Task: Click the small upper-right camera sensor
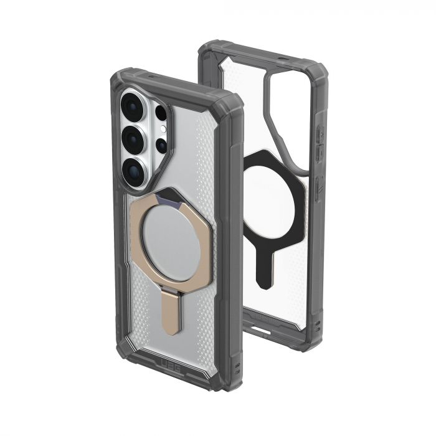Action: tap(161, 113)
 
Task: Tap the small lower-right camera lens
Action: tap(161, 146)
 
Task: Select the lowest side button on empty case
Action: tap(318, 184)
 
